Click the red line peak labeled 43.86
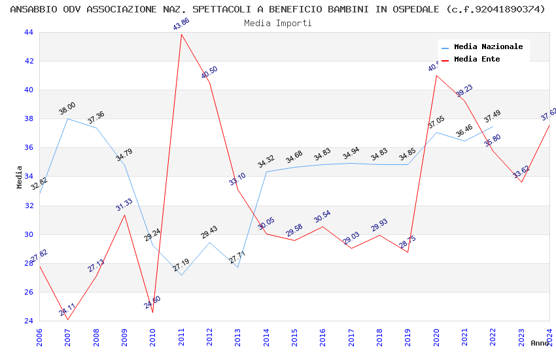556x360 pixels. pyautogui.click(x=181, y=34)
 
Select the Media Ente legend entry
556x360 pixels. pyautogui.click(x=477, y=60)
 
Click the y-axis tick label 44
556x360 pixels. pyautogui.click(x=28, y=33)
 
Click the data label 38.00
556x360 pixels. pyautogui.click(x=67, y=109)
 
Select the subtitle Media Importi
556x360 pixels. pyautogui.click(x=278, y=23)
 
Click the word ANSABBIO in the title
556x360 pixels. pyautogui.click(x=33, y=9)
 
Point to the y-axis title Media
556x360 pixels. pyautogui.click(x=20, y=177)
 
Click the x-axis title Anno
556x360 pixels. pyautogui.click(x=540, y=343)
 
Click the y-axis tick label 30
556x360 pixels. pyautogui.click(x=28, y=234)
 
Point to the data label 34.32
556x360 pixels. pyautogui.click(x=266, y=162)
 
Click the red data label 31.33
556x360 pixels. pyautogui.click(x=124, y=205)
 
